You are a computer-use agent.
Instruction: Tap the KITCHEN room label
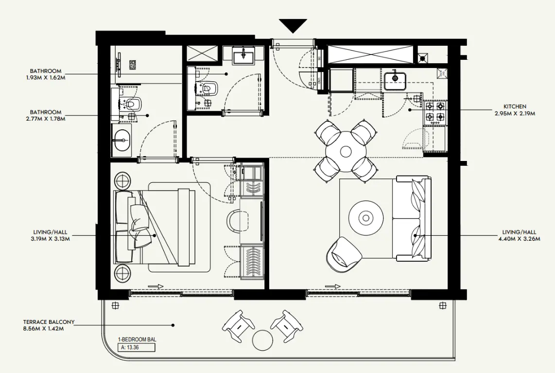coord(515,107)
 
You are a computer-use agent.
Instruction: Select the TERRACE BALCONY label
coord(49,322)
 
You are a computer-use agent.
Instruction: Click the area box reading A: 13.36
coord(137,348)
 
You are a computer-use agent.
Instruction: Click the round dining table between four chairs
coord(346,151)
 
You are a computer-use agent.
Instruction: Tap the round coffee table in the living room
coord(366,217)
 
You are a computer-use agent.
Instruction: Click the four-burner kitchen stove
coord(435,111)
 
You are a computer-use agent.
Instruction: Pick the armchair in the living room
coord(344,254)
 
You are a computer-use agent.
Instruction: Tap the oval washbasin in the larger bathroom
coord(121,140)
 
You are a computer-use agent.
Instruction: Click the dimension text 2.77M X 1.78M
coord(46,119)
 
